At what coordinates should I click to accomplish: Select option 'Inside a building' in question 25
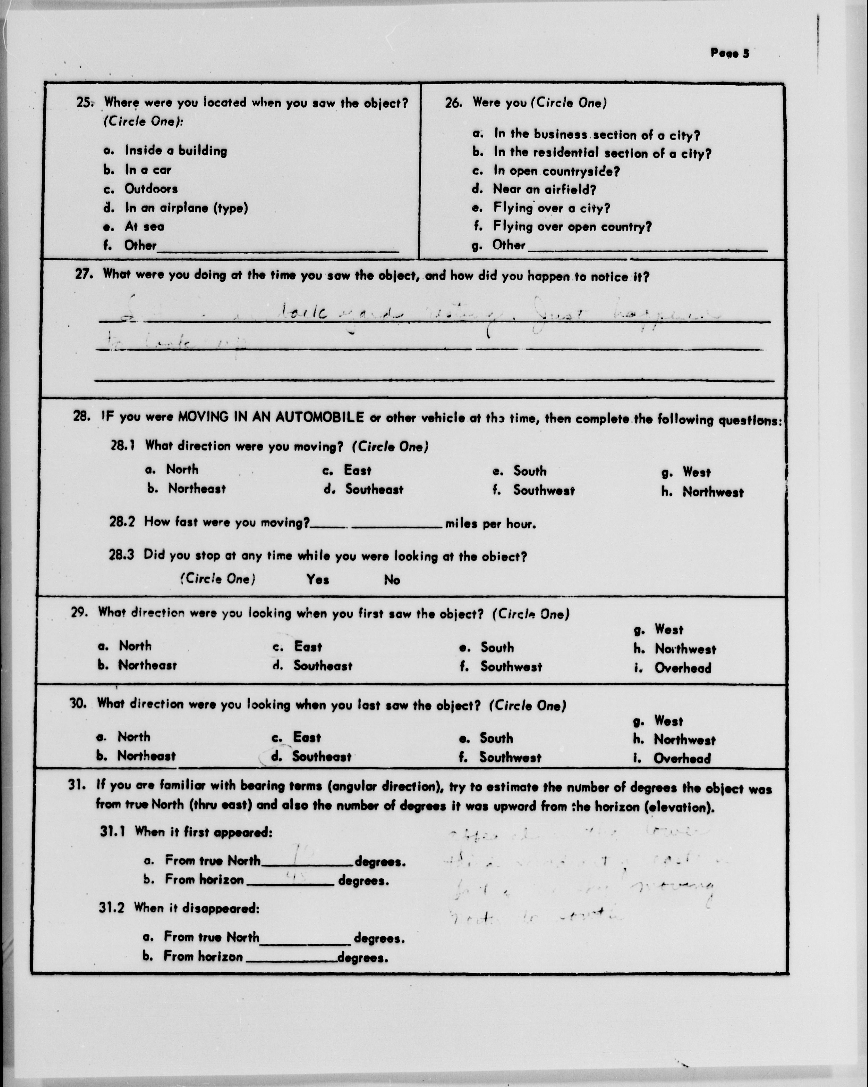pyautogui.click(x=176, y=151)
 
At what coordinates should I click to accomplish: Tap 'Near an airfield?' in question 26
pyautogui.click(x=544, y=190)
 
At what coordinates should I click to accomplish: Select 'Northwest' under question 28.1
pyautogui.click(x=713, y=492)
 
